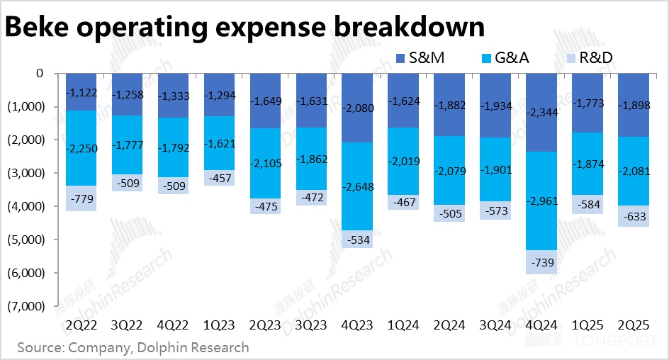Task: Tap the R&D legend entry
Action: pos(594,57)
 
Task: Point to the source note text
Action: pos(133,347)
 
